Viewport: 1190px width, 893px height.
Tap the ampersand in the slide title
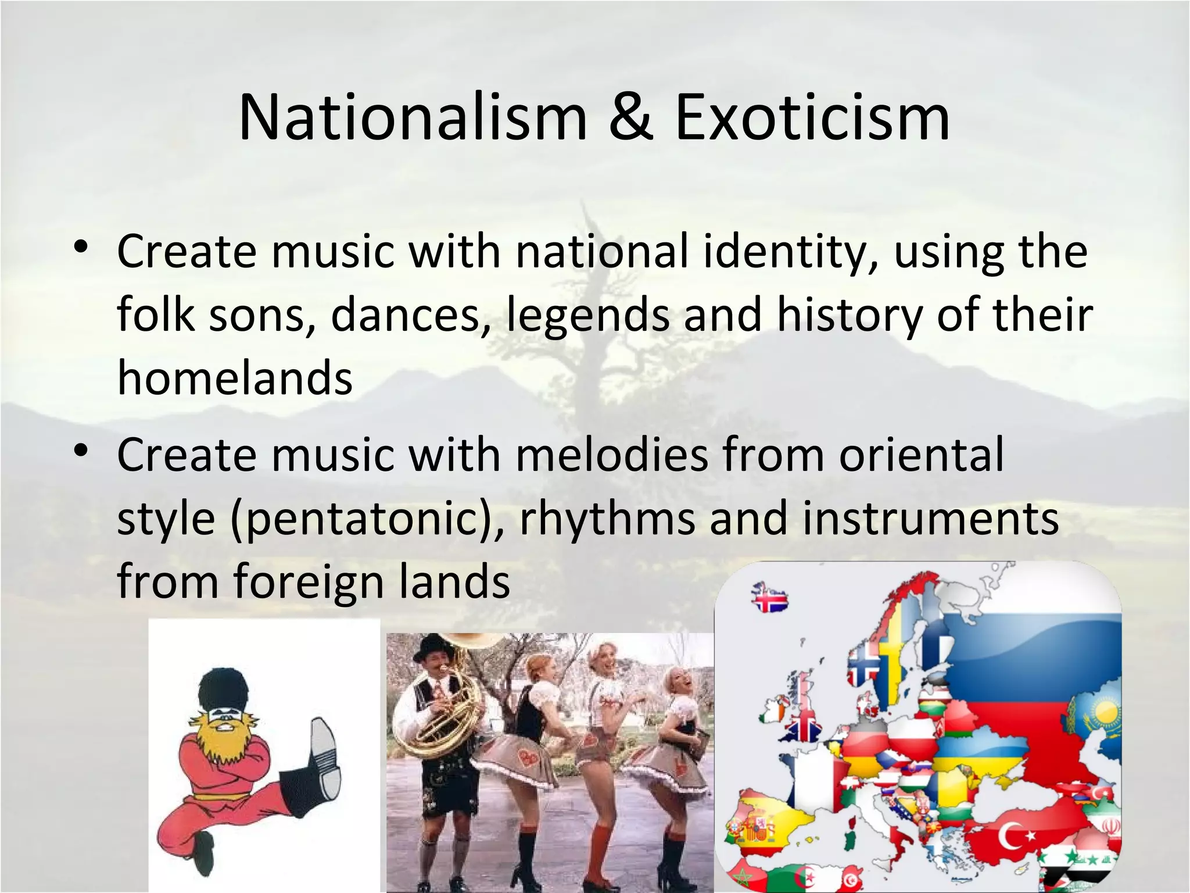pos(632,119)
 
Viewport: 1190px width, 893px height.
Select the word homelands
pos(235,378)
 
